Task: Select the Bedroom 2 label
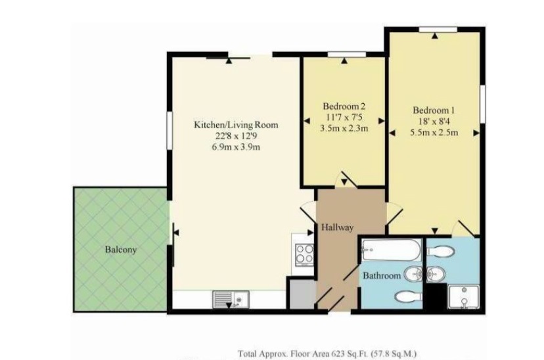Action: pyautogui.click(x=343, y=106)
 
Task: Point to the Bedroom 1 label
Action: pyautogui.click(x=434, y=110)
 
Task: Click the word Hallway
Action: pyautogui.click(x=338, y=227)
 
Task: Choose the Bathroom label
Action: pyautogui.click(x=382, y=277)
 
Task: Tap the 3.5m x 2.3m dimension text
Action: pyautogui.click(x=343, y=129)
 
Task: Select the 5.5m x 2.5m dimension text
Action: pyautogui.click(x=434, y=132)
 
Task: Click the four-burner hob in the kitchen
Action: pyautogui.click(x=304, y=254)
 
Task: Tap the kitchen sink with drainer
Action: pyautogui.click(x=229, y=300)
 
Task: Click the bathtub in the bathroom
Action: pyautogui.click(x=391, y=250)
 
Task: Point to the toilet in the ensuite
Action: pyautogui.click(x=440, y=250)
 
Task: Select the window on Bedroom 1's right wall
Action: pyautogui.click(x=482, y=102)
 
